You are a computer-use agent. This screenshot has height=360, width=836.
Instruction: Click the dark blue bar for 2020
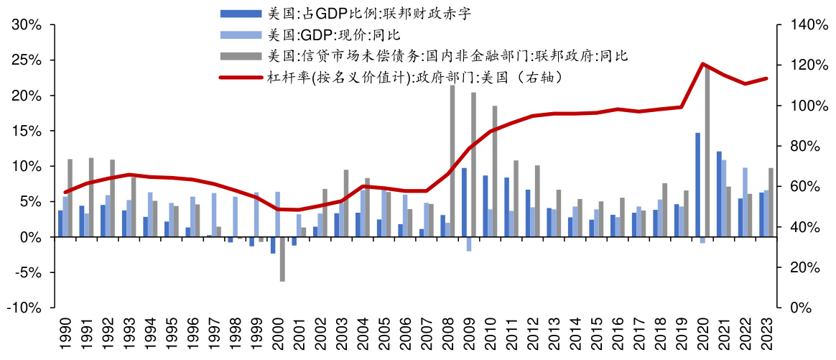coord(697,185)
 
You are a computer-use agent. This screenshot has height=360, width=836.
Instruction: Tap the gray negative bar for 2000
coord(283,259)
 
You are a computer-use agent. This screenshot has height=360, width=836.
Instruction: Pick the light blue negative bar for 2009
coord(468,244)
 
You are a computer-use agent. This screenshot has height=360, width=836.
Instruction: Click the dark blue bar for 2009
coord(464,203)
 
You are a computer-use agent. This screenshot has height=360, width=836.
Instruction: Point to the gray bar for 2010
coord(495,171)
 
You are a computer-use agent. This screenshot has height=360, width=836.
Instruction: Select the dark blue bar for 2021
coord(719,194)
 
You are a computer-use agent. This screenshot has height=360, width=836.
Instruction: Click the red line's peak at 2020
coord(702,64)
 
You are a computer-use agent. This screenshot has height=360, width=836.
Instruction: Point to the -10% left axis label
coord(27,308)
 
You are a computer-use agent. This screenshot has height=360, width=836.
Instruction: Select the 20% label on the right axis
coord(796,267)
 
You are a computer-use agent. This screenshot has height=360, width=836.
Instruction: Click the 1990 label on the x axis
coord(66,333)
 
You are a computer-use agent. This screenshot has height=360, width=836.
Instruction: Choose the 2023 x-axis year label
coord(766,333)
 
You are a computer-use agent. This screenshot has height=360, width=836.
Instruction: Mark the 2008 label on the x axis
coord(448,333)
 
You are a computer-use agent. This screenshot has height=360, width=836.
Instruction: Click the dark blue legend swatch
coord(241,14)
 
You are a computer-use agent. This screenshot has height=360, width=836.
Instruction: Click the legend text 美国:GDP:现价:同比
coord(333,34)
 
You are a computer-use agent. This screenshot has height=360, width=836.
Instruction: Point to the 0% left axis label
coord(34,237)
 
